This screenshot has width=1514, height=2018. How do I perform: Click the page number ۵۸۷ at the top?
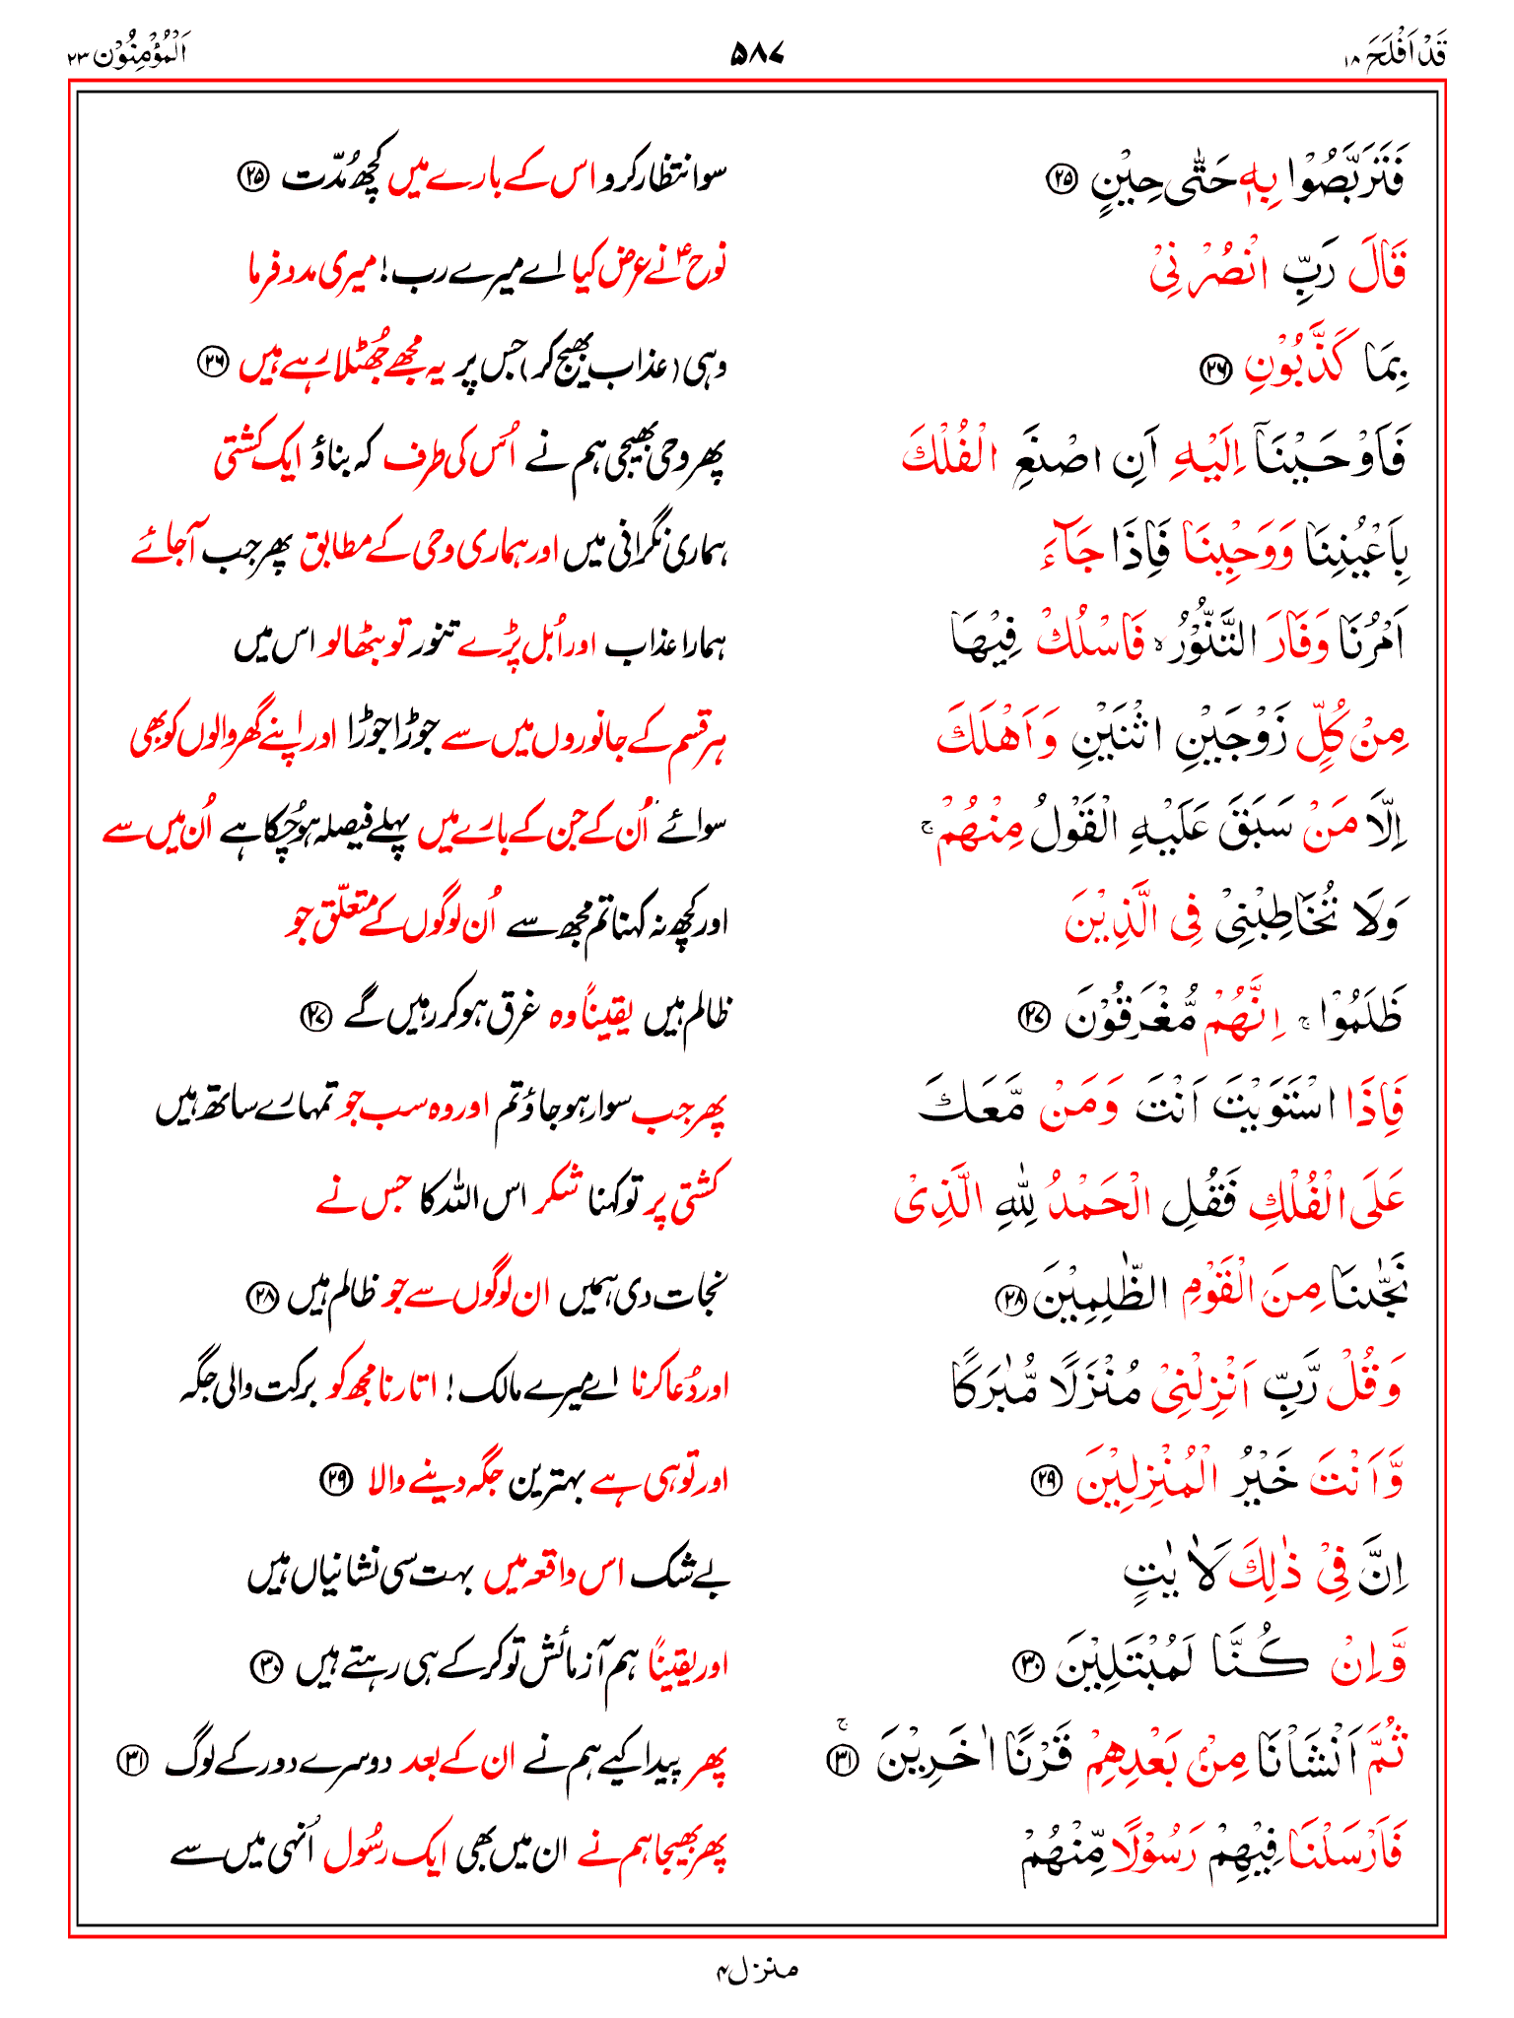756,53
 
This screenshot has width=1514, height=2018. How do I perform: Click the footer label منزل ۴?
756,1970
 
